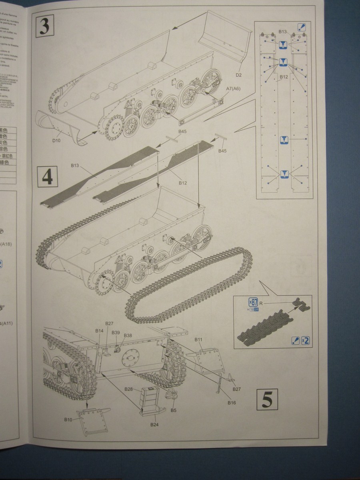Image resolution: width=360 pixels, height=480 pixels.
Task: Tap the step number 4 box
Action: point(47,177)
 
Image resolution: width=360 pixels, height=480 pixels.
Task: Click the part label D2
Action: point(239,75)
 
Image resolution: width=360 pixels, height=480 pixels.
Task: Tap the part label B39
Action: point(116,332)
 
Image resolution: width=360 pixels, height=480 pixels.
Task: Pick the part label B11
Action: point(198,340)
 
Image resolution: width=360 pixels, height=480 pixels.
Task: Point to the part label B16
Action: point(231,402)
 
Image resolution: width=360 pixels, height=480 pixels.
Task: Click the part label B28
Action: point(128,389)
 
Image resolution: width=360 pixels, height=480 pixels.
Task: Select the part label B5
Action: point(173,410)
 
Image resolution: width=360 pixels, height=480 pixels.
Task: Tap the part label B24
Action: point(154,424)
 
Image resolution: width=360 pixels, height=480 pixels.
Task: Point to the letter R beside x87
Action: point(261,303)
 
